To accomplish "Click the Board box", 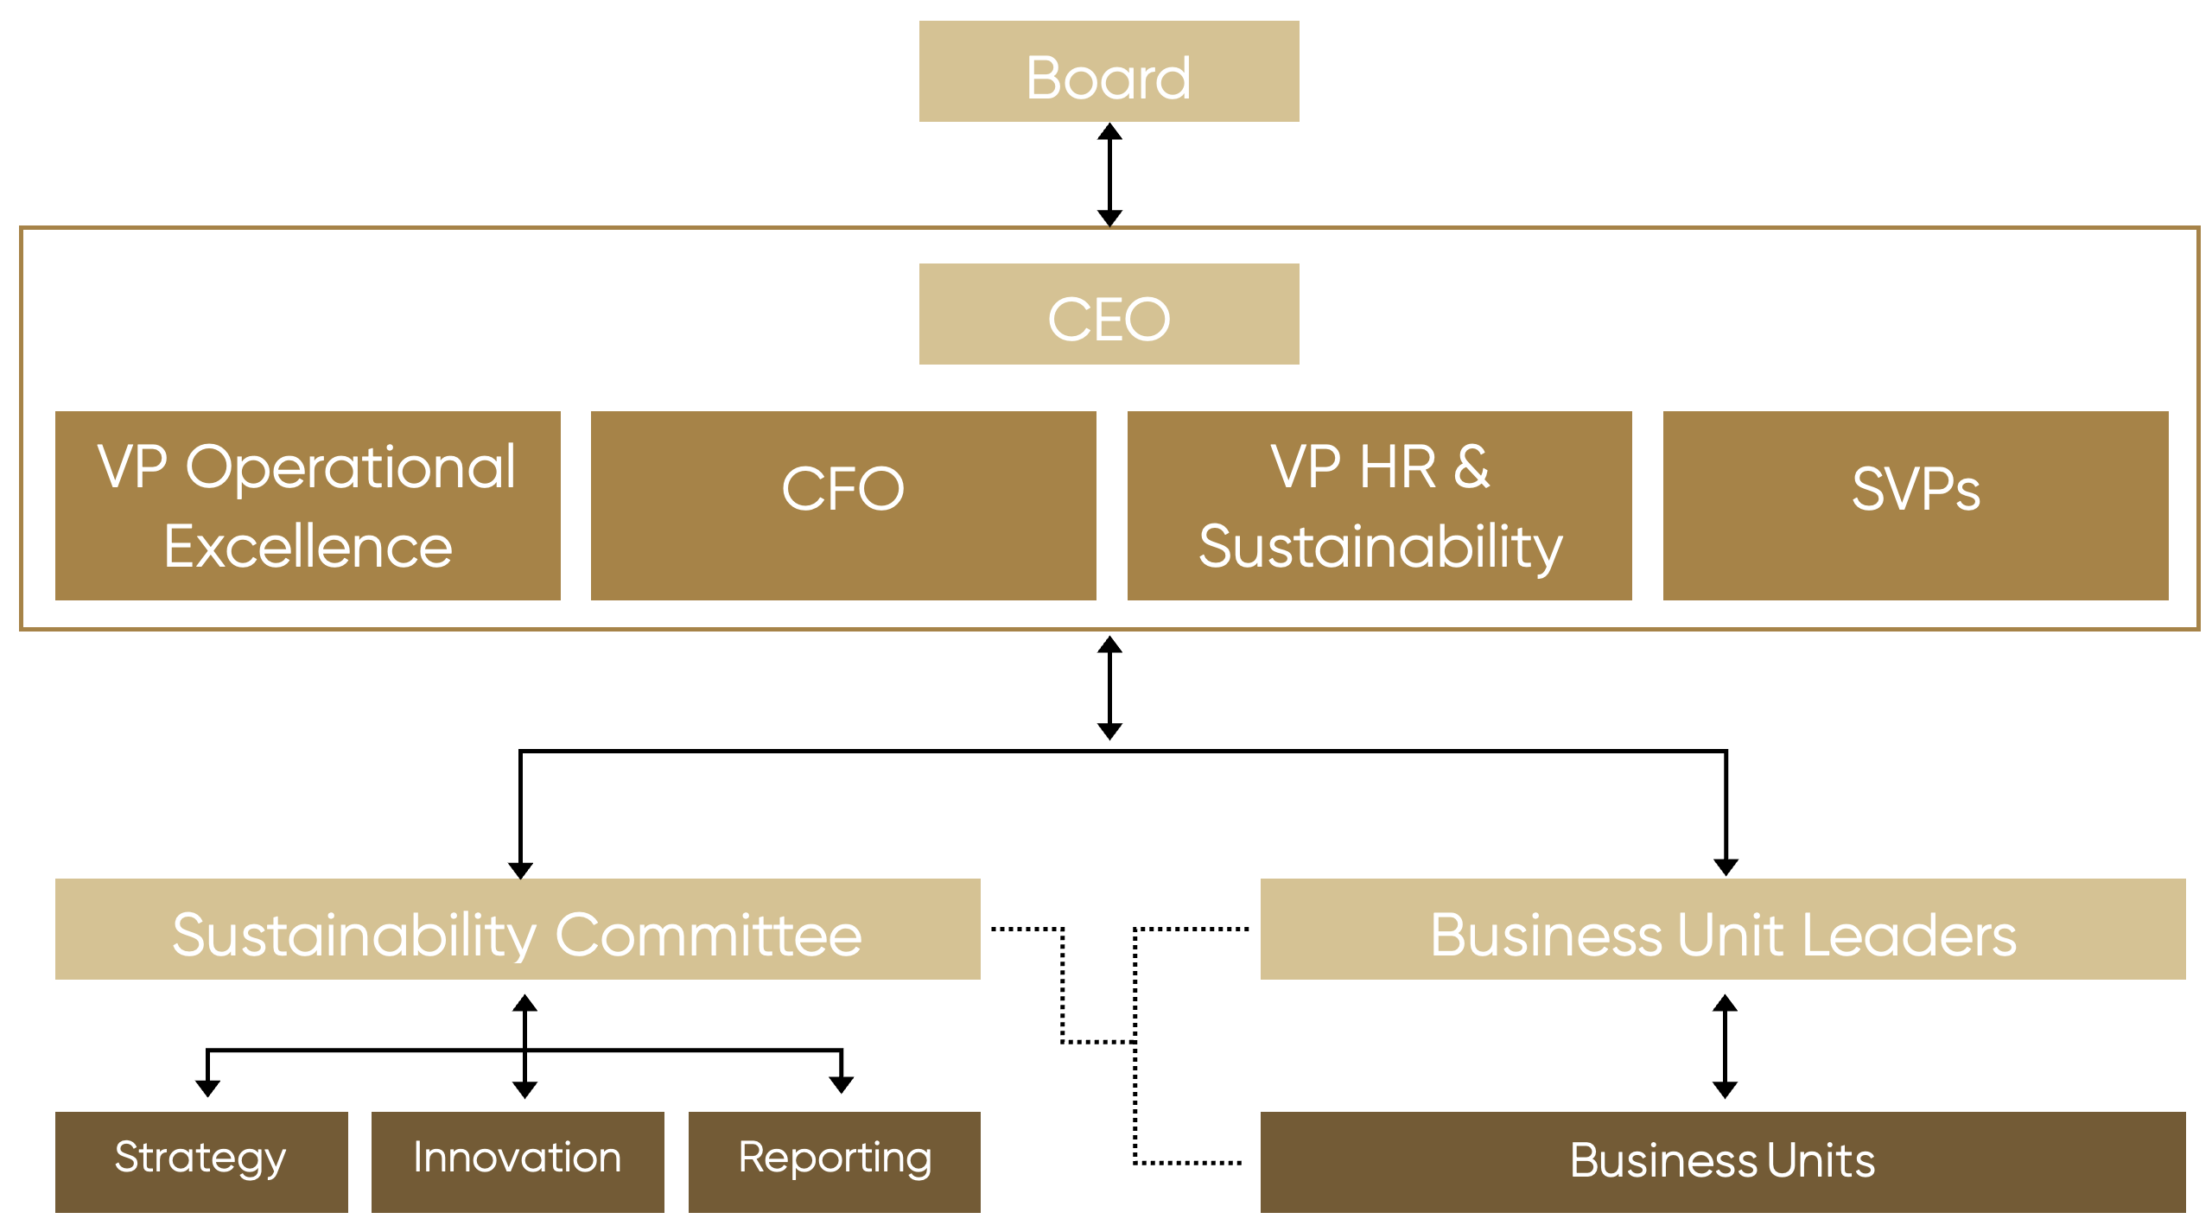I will point(1109,72).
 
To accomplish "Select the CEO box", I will point(1109,314).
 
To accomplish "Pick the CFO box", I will point(843,505).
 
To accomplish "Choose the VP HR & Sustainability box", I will point(1379,505).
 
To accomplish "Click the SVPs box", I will point(1916,505).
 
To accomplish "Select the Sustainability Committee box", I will point(518,930).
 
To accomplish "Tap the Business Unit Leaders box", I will point(1723,930).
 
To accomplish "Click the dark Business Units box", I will point(1723,1162).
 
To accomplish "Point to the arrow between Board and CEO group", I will point(1109,175).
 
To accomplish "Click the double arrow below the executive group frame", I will point(1109,688).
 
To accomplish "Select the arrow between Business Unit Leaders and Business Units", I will point(1725,1046).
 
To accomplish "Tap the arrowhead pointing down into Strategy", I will point(207,1088).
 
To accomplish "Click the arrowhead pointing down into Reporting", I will point(841,1085).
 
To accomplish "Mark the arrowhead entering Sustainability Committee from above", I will point(520,869).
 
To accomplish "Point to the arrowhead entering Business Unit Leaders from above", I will point(1726,866).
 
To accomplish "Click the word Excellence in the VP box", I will point(308,547).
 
